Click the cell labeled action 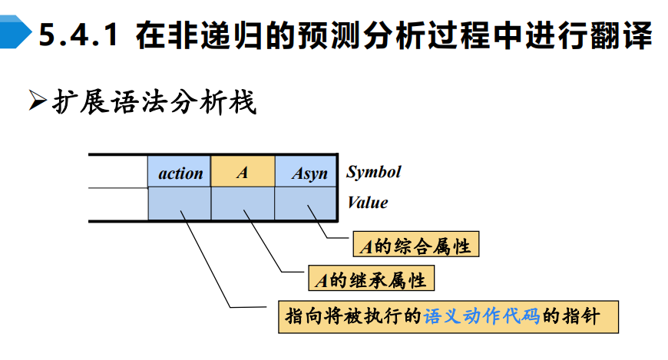pos(180,172)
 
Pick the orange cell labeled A pos(243,172)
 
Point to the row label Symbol pos(374,171)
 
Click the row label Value pos(368,203)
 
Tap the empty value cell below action pos(180,203)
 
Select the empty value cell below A pos(243,203)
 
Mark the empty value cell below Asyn pos(306,203)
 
